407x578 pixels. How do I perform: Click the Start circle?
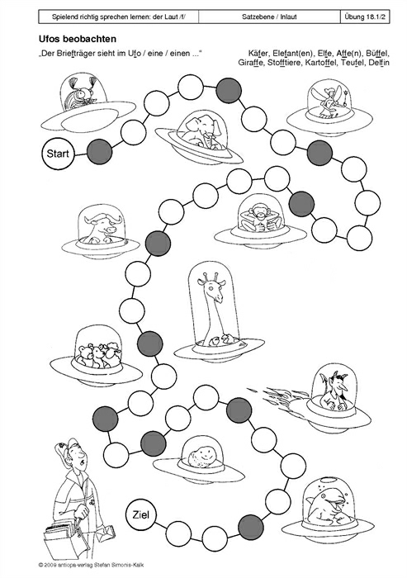[58, 154]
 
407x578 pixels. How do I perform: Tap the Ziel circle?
[140, 514]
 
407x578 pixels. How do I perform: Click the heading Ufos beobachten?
[78, 39]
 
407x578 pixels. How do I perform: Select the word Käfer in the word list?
[258, 53]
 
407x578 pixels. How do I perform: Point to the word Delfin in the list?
[379, 62]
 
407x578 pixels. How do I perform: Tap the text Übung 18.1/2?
[365, 17]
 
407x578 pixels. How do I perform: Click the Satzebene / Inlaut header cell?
[269, 17]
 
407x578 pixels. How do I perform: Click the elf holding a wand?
[328, 100]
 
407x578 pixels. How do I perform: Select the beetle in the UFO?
[83, 94]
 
